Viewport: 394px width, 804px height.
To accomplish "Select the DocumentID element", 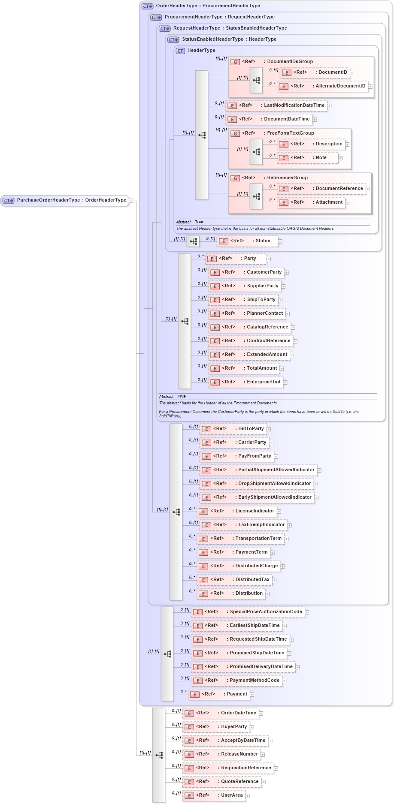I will click(315, 72).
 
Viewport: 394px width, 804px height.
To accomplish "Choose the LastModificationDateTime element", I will click(277, 105).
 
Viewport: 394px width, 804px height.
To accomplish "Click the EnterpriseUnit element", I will click(246, 382).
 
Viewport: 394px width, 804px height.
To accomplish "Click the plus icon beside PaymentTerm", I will click(273, 553).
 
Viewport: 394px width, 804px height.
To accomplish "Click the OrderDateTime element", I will click(221, 713).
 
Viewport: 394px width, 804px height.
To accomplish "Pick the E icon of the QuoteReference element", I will click(189, 782).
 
